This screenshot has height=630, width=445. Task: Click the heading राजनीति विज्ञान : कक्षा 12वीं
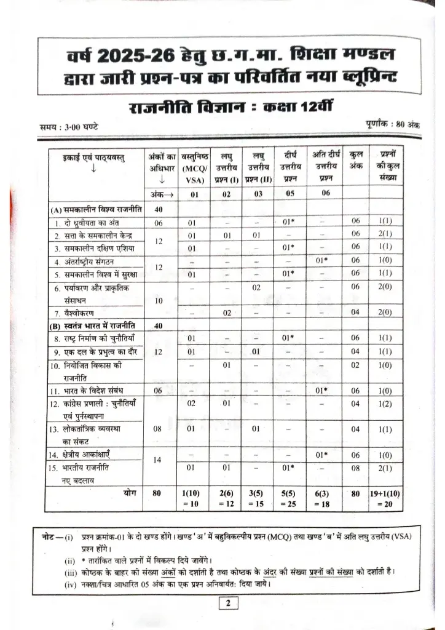pyautogui.click(x=222, y=110)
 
